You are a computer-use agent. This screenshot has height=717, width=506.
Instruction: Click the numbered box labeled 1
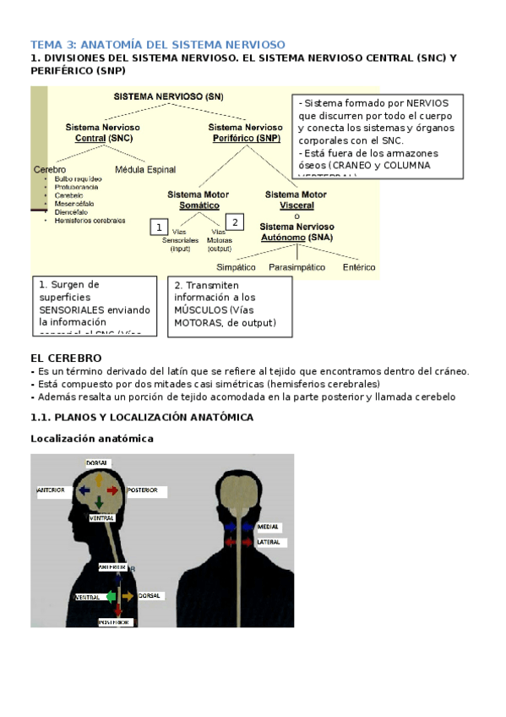[x=157, y=227]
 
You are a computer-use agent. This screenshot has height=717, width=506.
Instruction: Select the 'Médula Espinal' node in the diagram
[x=144, y=169]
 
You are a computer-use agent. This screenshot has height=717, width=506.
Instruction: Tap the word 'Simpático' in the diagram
[x=236, y=267]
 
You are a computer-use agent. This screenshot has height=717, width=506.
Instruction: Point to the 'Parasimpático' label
[x=297, y=267]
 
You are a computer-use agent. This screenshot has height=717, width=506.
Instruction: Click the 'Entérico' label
[x=359, y=267]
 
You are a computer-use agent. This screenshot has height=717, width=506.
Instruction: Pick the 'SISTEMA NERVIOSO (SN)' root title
[x=169, y=96]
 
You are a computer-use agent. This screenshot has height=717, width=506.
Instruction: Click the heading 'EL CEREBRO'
[x=66, y=358]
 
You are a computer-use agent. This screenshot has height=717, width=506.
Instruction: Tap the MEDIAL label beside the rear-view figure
[x=268, y=527]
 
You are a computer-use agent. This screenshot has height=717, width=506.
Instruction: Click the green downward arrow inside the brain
[x=99, y=503]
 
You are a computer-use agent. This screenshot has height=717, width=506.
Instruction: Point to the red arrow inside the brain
[x=113, y=490]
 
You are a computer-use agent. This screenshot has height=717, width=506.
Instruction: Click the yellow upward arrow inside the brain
[x=99, y=479]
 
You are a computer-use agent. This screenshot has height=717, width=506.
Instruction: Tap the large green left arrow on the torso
[x=111, y=597]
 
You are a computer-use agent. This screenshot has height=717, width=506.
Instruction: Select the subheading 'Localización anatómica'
[x=92, y=439]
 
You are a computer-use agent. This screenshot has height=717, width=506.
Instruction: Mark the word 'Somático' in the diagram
[x=193, y=205]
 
